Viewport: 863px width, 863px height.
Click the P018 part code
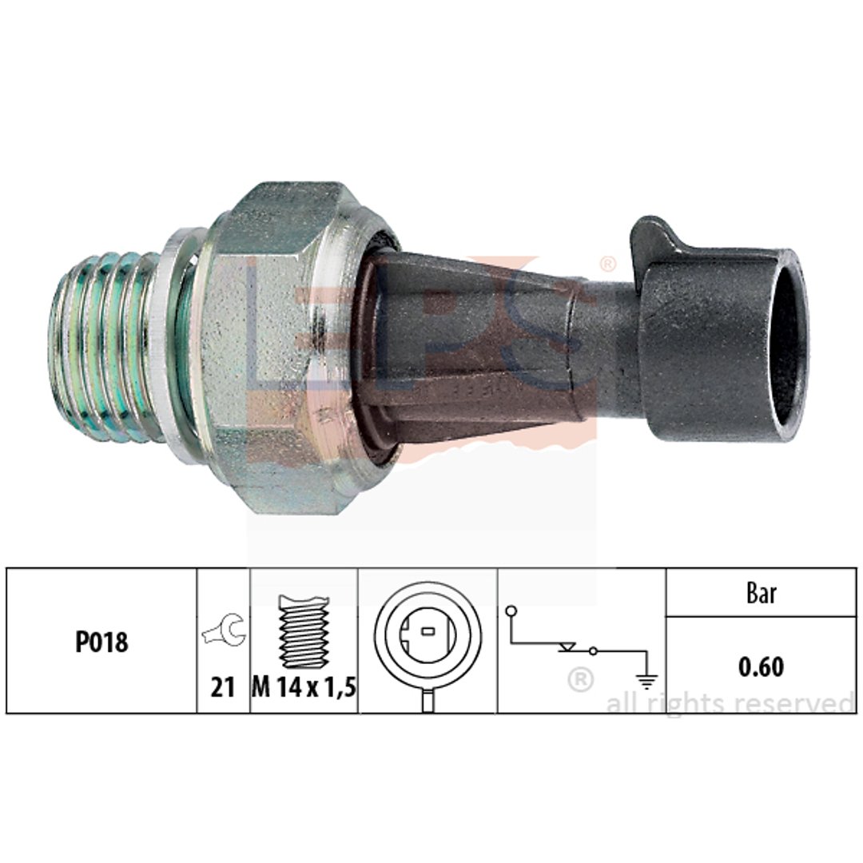tap(101, 642)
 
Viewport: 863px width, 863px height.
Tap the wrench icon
tap(224, 629)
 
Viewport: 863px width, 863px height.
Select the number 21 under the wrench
tap(223, 687)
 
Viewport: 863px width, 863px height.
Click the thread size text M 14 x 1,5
tap(304, 687)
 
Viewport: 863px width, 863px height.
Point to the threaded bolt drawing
tap(304, 631)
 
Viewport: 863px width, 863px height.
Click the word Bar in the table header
tap(762, 593)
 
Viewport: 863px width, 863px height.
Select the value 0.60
tap(762, 666)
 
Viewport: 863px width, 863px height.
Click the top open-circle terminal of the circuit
tap(511, 610)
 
